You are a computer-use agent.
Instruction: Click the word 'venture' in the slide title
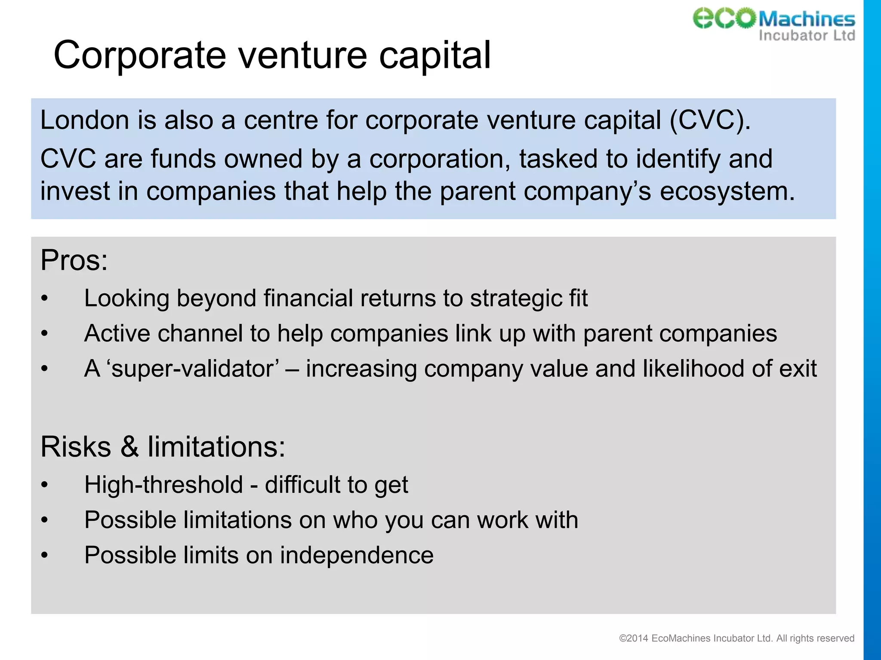(x=303, y=55)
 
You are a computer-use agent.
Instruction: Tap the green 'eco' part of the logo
(x=724, y=18)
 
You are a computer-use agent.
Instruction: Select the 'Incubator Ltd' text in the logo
(x=807, y=35)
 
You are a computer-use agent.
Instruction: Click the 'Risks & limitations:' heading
(x=163, y=447)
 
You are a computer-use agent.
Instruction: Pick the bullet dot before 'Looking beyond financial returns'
(x=44, y=299)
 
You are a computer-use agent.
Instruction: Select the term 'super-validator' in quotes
(x=192, y=369)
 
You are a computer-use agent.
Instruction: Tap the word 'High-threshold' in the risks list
(x=163, y=485)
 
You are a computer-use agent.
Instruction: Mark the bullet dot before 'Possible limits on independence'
(x=44, y=556)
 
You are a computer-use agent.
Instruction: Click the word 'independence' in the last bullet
(x=357, y=555)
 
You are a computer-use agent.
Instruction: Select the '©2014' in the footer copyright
(x=633, y=639)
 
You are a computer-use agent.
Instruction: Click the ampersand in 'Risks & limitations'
(x=129, y=447)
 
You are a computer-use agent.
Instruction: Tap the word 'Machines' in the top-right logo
(x=807, y=19)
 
